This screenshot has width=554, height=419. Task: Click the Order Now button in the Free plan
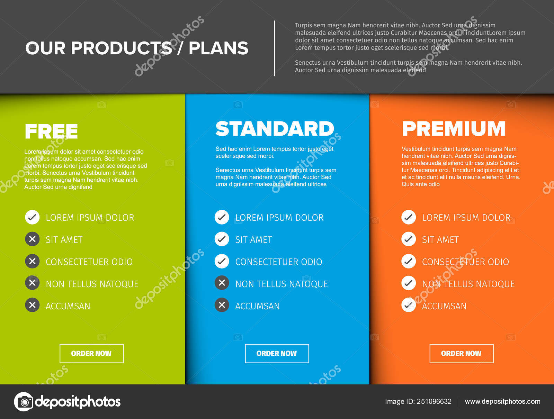coord(91,353)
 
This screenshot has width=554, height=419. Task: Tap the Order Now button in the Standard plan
coord(277,353)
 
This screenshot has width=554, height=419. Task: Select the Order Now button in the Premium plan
coord(461,353)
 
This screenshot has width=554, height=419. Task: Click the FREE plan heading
coord(51,131)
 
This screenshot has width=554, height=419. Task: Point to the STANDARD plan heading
coord(275,129)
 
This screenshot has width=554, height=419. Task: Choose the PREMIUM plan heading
coord(454,129)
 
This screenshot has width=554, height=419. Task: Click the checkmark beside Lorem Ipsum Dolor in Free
coord(32,217)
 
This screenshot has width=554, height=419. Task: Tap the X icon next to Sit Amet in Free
coord(32,239)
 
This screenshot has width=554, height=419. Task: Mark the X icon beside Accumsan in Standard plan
coord(222,305)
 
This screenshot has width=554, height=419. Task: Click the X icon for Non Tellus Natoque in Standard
coord(222,283)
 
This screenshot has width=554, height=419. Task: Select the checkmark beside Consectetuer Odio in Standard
coord(222,261)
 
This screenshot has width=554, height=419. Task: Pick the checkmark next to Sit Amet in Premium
coord(409,239)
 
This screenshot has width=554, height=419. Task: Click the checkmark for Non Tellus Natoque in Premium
coord(409,283)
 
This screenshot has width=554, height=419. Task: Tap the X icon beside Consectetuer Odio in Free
coord(32,261)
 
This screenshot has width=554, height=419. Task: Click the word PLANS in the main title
coord(218,48)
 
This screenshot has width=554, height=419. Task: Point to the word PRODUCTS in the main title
coord(121,48)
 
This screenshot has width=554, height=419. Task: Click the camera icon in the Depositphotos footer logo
coord(24,402)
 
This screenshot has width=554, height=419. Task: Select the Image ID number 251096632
coord(434,401)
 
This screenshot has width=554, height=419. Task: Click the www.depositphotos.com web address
coord(502,401)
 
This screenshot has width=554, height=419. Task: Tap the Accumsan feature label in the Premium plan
coord(444,306)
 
